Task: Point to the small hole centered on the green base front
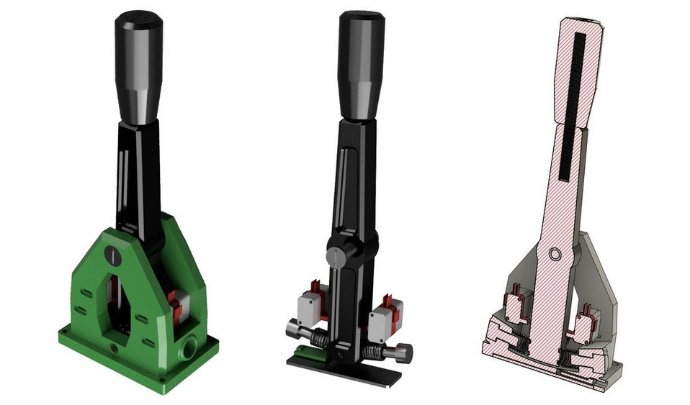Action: [114, 349]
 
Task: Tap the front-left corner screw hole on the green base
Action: [66, 334]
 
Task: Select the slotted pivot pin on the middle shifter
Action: [336, 256]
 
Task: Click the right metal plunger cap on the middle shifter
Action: [404, 353]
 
